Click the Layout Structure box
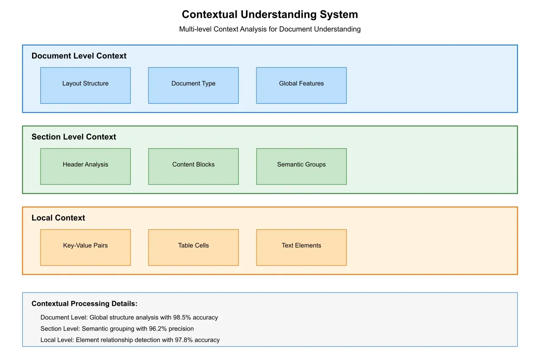85,85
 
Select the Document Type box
193,85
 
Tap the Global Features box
301,85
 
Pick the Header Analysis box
85,166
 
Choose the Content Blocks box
193,166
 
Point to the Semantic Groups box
301,166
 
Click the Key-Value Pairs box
85,247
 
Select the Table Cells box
193,247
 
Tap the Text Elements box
301,247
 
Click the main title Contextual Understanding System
270,14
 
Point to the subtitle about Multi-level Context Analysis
270,29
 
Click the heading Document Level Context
79,56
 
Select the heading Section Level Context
74,137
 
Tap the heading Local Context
58,218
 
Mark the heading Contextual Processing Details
84,303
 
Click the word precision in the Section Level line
181,328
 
